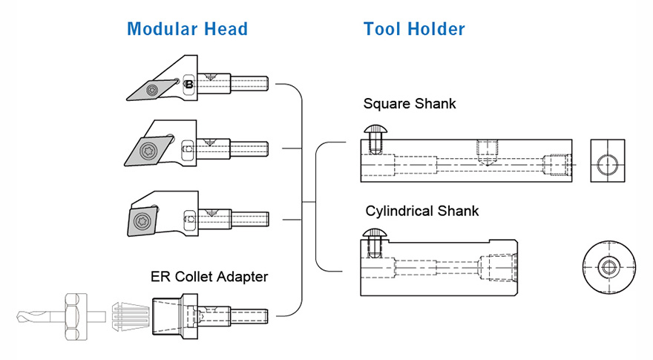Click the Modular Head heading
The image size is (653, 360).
187,30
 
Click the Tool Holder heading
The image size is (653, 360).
414,30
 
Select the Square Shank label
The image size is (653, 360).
410,103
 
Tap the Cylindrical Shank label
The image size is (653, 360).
422,211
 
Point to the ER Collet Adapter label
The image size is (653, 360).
209,277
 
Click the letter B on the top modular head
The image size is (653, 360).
189,85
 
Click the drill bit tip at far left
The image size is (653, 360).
22,318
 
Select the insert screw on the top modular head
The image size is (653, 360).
151,91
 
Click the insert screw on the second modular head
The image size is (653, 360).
146,152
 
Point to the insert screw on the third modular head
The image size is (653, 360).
140,219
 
